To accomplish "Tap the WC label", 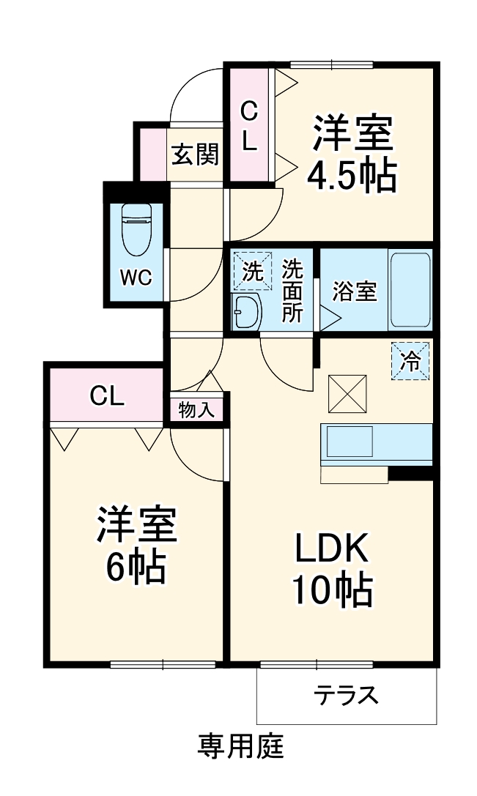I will (x=136, y=278).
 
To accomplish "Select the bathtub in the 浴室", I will (x=410, y=290).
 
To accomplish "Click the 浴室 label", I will (x=354, y=291).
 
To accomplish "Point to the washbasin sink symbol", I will (x=246, y=313).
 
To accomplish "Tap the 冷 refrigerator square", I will (x=410, y=361).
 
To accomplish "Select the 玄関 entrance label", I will (x=195, y=155).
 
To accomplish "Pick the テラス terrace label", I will (x=347, y=694).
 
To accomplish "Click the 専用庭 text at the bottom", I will (x=240, y=747).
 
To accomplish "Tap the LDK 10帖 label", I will (x=333, y=568).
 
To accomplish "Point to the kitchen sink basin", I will (x=350, y=442).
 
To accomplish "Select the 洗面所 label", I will (x=292, y=291).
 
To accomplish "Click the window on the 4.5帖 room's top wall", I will (x=332, y=64).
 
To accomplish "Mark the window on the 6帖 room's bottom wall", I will (x=163, y=664).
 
